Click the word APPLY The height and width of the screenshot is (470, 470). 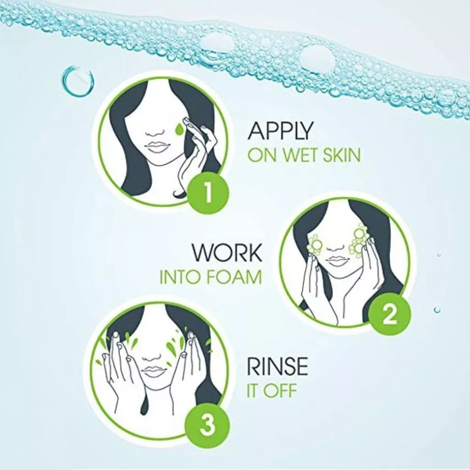280,131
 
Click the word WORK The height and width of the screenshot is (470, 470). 227,253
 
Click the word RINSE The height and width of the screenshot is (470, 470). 277,366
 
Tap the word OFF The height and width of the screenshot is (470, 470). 279,391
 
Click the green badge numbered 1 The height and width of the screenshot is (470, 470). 208,192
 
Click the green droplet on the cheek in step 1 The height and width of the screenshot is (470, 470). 179,129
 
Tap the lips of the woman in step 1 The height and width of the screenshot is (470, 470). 156,147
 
